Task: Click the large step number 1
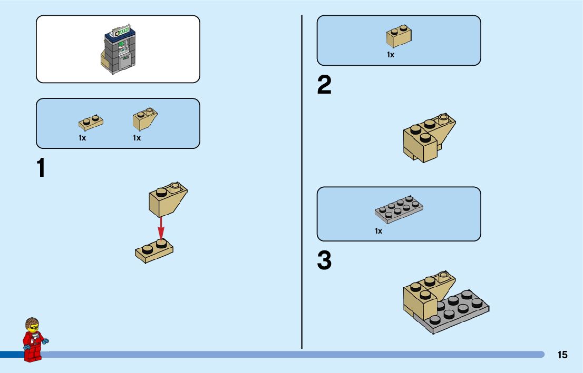point(41,168)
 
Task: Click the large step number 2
point(324,85)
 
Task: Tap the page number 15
point(562,355)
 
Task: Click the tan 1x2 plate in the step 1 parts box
point(91,123)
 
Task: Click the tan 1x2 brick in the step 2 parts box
point(399,36)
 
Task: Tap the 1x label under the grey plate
point(378,231)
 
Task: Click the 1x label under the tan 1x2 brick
point(391,55)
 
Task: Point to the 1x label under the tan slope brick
point(137,138)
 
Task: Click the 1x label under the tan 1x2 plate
point(82,138)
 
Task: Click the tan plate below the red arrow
point(154,251)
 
